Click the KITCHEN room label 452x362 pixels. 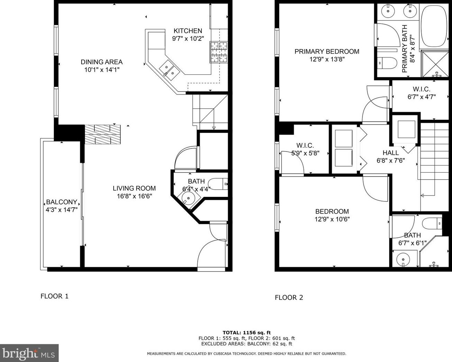[188, 31]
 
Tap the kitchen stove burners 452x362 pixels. [219, 52]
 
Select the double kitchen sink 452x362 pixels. [169, 70]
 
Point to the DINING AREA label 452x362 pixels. [102, 62]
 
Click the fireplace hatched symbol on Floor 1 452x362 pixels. [103, 134]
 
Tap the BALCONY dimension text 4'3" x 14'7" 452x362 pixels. [62, 210]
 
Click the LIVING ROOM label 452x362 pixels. [134, 188]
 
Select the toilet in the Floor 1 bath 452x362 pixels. [218, 184]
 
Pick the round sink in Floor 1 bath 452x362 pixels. [188, 198]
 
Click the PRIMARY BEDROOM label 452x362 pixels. [327, 52]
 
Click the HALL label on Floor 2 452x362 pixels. [391, 153]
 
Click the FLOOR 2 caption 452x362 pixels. [289, 298]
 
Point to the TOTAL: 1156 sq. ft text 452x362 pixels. [247, 333]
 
